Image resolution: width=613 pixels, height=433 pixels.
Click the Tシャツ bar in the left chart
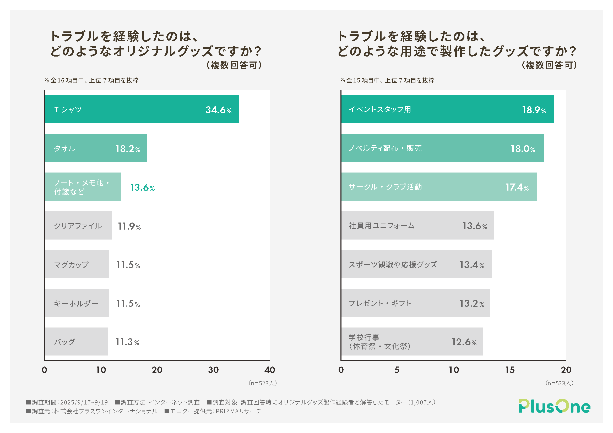pyautogui.click(x=142, y=109)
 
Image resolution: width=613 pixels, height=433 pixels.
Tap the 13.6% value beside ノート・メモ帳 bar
pyautogui.click(x=142, y=187)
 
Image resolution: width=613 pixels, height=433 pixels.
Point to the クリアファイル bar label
pyautogui.click(x=78, y=226)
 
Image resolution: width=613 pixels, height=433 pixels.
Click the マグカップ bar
pyautogui.click(x=77, y=264)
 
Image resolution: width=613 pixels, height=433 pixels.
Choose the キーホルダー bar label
pyautogui.click(x=76, y=303)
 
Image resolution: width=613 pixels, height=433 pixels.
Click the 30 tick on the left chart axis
pyautogui.click(x=213, y=370)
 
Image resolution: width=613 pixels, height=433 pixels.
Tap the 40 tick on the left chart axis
pyautogui.click(x=270, y=370)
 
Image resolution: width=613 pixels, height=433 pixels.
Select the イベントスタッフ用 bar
pyautogui.click(x=447, y=109)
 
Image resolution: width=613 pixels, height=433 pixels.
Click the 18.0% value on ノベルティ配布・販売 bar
pyautogui.click(x=523, y=149)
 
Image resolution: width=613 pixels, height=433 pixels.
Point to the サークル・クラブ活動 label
pyautogui.click(x=385, y=187)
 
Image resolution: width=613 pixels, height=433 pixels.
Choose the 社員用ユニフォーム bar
pyautogui.click(x=417, y=226)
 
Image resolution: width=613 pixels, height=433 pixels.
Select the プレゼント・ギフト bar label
pyautogui.click(x=380, y=303)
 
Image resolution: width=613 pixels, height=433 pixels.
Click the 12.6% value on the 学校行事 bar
pyautogui.click(x=464, y=342)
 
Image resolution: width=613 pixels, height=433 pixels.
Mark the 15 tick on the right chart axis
pyautogui.click(x=510, y=370)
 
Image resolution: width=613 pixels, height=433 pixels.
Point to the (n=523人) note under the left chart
pyautogui.click(x=262, y=384)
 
